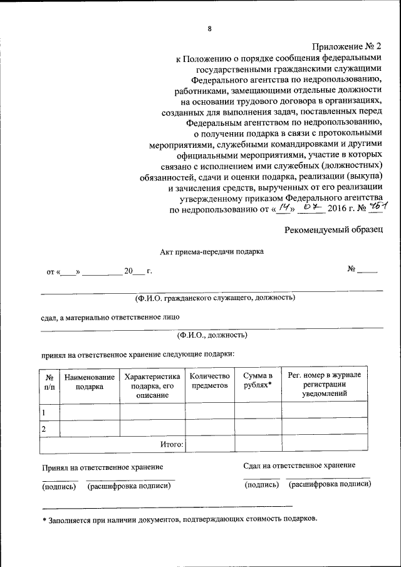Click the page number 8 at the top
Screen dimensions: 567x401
click(x=210, y=28)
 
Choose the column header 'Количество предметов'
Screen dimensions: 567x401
click(x=210, y=381)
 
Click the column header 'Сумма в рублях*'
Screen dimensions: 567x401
click(x=258, y=381)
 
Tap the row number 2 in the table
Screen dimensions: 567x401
click(x=44, y=429)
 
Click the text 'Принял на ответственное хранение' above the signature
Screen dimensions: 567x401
click(x=103, y=467)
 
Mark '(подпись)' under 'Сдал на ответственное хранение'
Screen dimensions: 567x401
click(x=261, y=485)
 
